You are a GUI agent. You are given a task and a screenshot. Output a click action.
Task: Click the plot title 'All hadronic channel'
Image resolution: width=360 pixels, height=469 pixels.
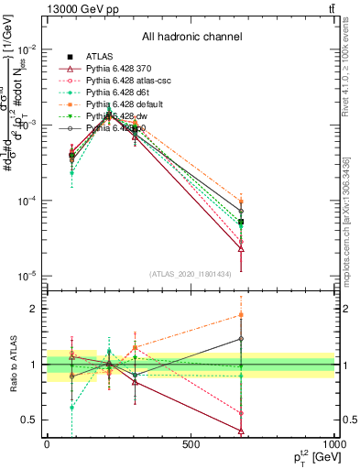[191, 38]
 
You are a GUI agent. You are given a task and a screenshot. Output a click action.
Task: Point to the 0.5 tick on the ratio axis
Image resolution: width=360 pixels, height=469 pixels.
[30, 420]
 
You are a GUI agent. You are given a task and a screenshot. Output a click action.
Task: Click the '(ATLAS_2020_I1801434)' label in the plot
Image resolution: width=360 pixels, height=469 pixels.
[191, 274]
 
